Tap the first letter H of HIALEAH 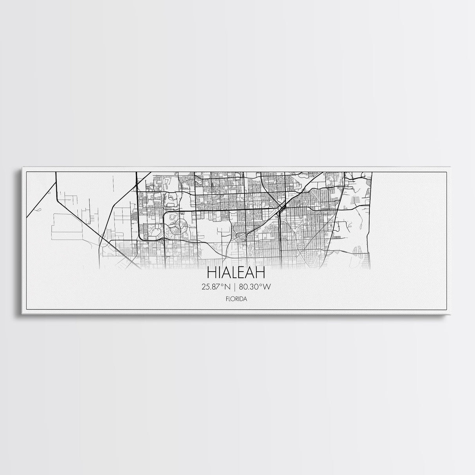[211, 272]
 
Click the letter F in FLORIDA [227, 300]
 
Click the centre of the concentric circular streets [181, 224]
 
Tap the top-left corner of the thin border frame [26, 172]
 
